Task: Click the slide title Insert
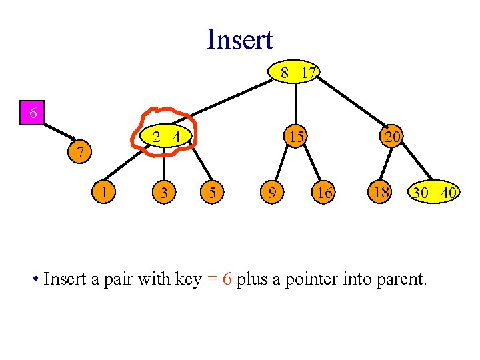pos(240,39)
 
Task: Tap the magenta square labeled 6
pos(32,113)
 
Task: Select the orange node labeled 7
pos(79,151)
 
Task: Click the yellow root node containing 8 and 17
pos(294,71)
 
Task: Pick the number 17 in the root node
pos(308,73)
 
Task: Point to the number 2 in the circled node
pos(157,137)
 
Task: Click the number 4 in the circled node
pos(177,137)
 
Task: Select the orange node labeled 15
pos(296,136)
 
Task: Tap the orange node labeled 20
pos(392,136)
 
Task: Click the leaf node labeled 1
pos(104,192)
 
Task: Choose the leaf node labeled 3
pos(164,192)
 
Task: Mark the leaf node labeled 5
pos(212,192)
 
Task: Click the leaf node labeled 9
pos(272,192)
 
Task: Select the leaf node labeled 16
pos(323,192)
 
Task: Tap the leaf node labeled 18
pos(380,192)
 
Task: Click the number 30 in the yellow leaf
pos(421,193)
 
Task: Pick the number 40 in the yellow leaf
pos(449,193)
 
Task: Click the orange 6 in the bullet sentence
pos(227,279)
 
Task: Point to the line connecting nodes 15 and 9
pos(281,164)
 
